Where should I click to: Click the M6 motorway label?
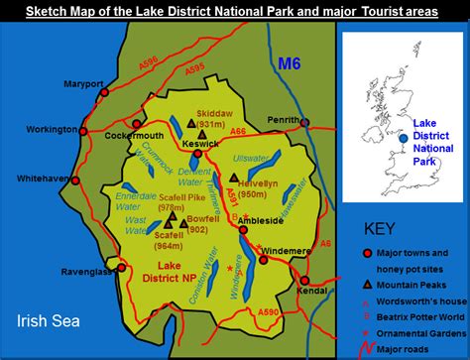[288, 65]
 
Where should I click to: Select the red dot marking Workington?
[83, 130]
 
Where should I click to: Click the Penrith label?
[285, 121]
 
